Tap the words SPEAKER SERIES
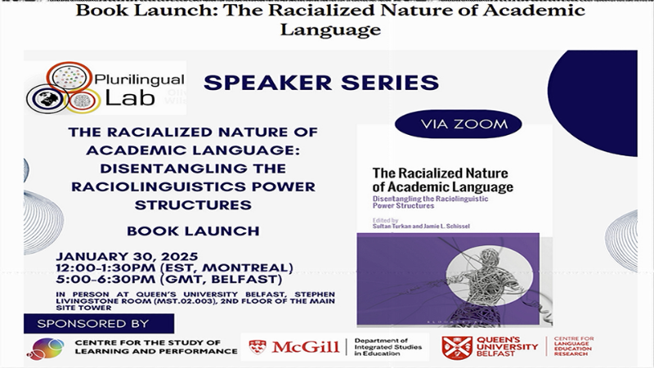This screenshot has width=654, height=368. (x=321, y=83)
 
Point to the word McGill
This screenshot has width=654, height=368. (x=305, y=347)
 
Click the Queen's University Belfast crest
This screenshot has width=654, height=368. (x=457, y=347)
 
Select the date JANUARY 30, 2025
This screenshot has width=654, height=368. (x=124, y=254)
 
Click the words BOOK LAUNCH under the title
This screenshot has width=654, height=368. (x=194, y=231)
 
